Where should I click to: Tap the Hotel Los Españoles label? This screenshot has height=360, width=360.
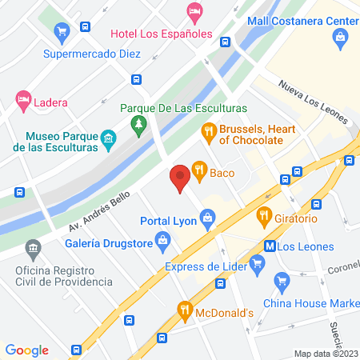click(x=160, y=34)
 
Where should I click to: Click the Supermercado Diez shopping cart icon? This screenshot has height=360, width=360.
click(x=62, y=33)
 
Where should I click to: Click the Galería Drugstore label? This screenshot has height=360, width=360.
click(x=109, y=239)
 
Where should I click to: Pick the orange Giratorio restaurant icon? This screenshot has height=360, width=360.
click(x=263, y=216)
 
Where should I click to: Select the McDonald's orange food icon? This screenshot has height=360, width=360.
click(x=186, y=308)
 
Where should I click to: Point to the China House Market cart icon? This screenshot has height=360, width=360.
click(x=281, y=280)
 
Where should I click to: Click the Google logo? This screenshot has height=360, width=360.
click(x=27, y=350)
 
